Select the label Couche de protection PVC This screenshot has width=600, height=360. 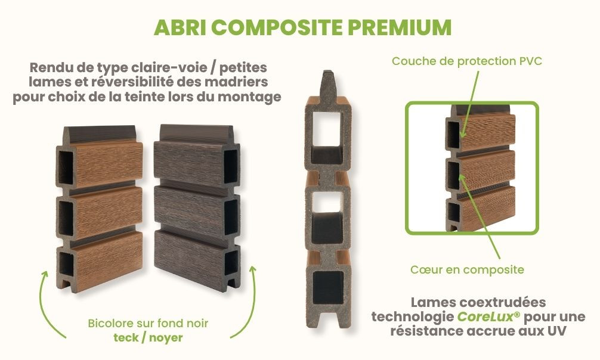(467, 61)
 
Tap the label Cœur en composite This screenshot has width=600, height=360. (467, 270)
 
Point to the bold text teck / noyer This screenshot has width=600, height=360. (148, 337)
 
